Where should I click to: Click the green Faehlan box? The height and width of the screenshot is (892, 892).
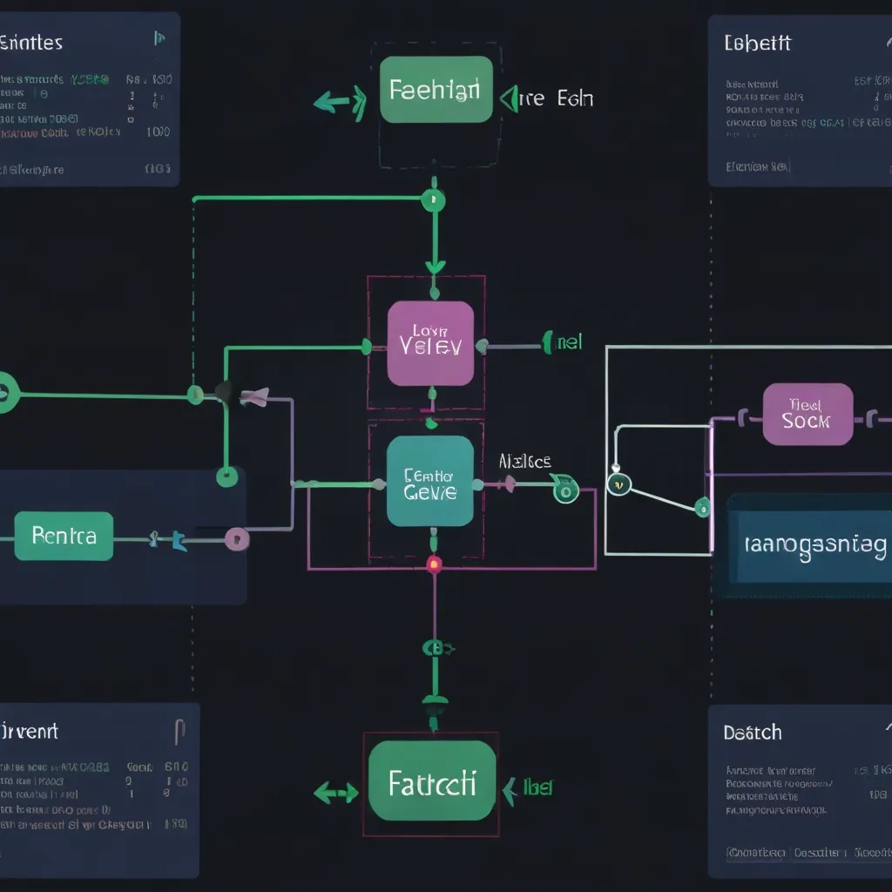(x=436, y=90)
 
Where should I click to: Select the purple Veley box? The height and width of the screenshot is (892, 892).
(x=430, y=342)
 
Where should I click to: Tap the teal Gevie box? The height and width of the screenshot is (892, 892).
(x=430, y=482)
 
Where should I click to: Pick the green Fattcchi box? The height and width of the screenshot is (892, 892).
(x=431, y=781)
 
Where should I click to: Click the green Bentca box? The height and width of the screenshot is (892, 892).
(x=64, y=536)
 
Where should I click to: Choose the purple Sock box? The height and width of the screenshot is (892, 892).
(x=808, y=414)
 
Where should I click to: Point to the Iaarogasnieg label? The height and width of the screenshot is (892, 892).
(x=816, y=545)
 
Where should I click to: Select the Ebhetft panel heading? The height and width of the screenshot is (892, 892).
(x=757, y=43)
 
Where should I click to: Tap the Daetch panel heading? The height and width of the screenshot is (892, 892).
(x=752, y=733)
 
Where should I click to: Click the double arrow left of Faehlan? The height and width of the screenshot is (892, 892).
(x=340, y=103)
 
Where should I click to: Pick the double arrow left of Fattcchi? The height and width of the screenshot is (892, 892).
(x=336, y=792)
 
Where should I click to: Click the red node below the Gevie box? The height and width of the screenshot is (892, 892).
(x=434, y=564)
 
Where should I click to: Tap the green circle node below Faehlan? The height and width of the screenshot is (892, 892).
(x=433, y=201)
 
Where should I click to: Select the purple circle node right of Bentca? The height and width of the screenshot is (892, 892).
(x=236, y=539)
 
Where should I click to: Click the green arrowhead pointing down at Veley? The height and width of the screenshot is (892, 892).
(x=434, y=266)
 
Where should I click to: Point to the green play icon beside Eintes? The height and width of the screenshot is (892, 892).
(x=159, y=37)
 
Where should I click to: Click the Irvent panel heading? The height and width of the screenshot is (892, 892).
(x=30, y=730)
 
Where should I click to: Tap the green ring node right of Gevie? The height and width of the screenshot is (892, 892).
(x=565, y=492)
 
